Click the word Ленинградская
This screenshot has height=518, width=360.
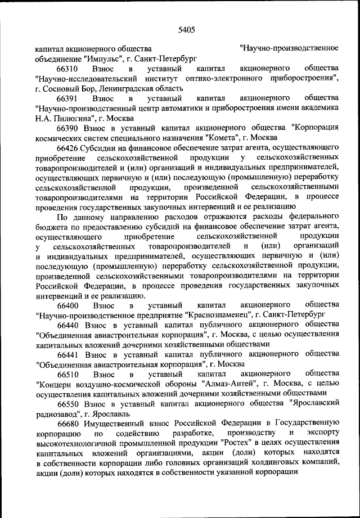[x=126, y=88]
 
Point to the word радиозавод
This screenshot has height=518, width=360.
[x=55, y=414]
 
